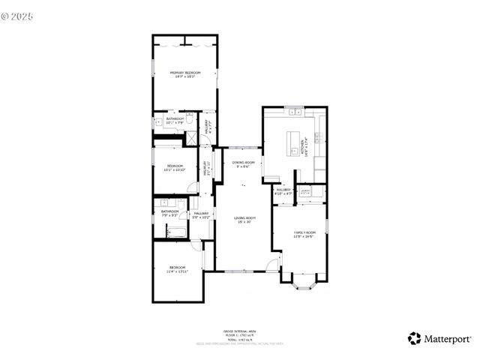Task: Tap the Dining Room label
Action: [x=243, y=164]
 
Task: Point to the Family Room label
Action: [x=304, y=235]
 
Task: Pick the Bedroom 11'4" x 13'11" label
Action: [x=177, y=269]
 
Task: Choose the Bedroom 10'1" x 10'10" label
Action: [x=175, y=167]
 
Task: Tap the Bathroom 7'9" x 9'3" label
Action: [x=169, y=213]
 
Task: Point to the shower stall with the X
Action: [x=191, y=137]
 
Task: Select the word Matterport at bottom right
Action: [x=448, y=338]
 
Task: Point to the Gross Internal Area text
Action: [x=240, y=331]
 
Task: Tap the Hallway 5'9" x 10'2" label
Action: [x=201, y=215]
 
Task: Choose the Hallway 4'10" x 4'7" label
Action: [x=283, y=191]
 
